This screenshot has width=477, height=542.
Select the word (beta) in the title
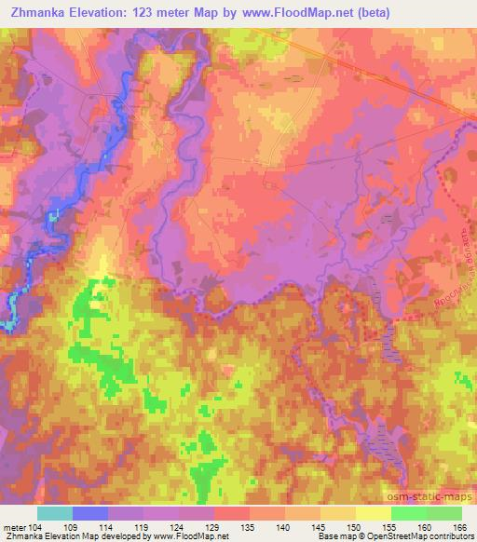(x=368, y=12)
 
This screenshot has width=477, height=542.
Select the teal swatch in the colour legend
(x=55, y=513)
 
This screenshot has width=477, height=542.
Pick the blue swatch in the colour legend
(x=90, y=513)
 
